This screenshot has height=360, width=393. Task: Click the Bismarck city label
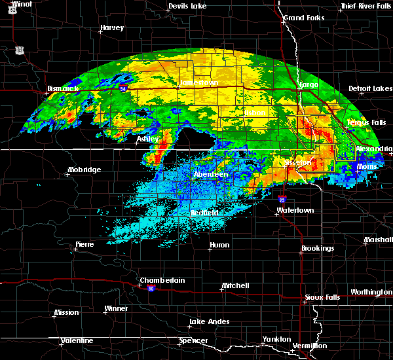coord(63,88)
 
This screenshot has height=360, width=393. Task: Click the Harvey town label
coord(112,28)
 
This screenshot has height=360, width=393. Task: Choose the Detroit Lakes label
coord(370,88)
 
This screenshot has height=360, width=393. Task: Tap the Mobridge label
coord(84,170)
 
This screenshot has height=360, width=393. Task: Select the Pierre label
coord(84,244)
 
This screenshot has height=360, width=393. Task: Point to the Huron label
coord(219,245)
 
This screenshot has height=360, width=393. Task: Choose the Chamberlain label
coord(162,280)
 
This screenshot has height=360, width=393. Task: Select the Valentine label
coord(77,340)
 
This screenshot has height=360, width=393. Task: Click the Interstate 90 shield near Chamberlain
coord(151,289)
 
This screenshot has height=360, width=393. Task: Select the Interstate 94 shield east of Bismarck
coord(122,85)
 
